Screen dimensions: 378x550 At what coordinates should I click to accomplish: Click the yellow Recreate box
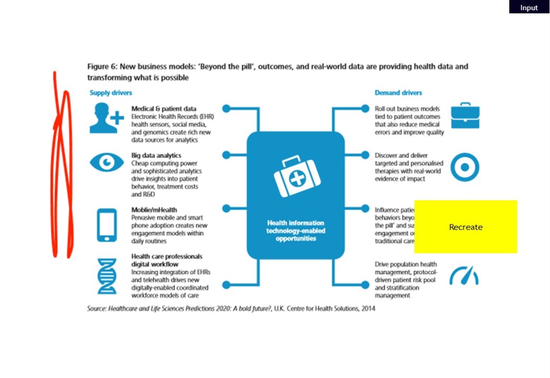click(x=465, y=227)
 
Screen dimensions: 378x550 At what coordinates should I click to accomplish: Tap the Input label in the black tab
click(x=529, y=7)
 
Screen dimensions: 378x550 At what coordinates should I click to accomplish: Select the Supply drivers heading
click(x=111, y=93)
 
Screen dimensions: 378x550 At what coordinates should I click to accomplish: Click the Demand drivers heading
click(x=398, y=93)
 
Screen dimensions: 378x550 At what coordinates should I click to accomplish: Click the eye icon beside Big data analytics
click(x=106, y=162)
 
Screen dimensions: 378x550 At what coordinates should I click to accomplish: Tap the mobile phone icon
click(x=106, y=225)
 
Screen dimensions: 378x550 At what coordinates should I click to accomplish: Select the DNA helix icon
click(x=106, y=276)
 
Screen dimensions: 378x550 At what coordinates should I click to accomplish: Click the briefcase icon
click(x=465, y=116)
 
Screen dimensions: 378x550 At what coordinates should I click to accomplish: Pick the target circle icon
click(x=464, y=167)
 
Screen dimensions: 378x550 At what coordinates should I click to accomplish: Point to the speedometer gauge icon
click(x=464, y=276)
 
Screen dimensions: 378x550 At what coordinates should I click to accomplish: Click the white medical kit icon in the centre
click(x=295, y=176)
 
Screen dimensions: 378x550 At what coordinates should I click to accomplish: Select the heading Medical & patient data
click(x=163, y=109)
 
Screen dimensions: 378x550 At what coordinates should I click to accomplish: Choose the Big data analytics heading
click(x=156, y=155)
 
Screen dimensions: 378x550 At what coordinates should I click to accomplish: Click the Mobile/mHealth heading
click(x=154, y=210)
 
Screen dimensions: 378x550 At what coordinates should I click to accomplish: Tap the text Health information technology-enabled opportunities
click(x=296, y=230)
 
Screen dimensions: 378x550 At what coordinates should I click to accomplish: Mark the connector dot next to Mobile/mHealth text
click(x=226, y=208)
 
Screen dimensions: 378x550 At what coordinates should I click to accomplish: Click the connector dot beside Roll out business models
click(x=365, y=109)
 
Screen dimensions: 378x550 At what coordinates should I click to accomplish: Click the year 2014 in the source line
click(x=368, y=309)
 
